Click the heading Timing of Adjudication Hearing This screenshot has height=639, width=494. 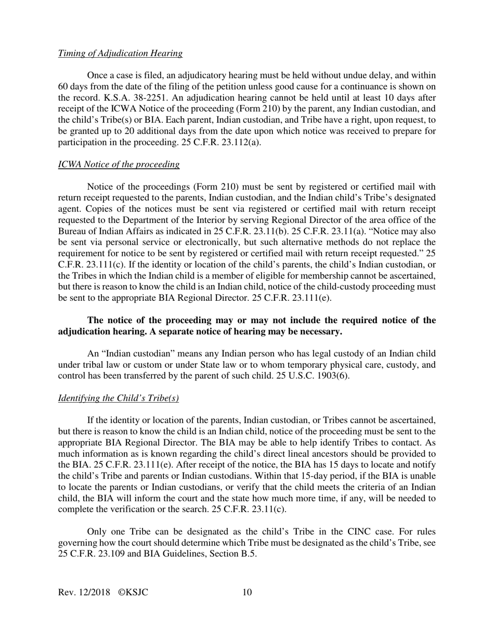tap(120, 54)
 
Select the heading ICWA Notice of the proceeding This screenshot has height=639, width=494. tap(119, 165)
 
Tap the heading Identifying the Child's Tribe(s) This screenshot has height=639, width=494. tap(119, 398)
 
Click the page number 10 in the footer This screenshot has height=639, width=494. tap(247, 593)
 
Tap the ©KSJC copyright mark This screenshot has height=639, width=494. tap(133, 593)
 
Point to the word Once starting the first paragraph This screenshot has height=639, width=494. tap(98, 76)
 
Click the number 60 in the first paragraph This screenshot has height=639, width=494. tap(63, 87)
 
